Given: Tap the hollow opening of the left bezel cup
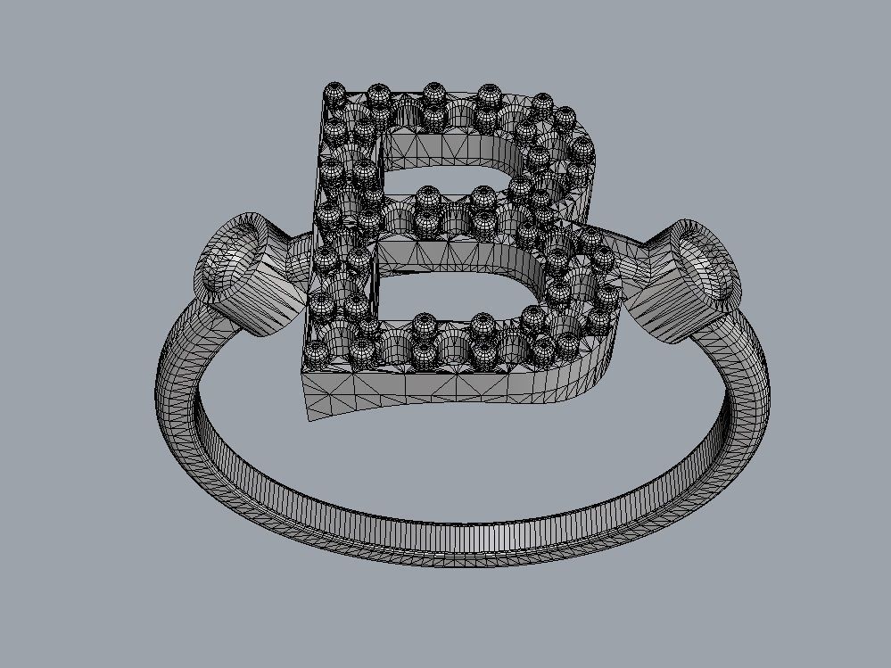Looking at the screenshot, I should tap(230, 254).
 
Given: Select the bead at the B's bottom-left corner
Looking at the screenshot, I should tap(318, 354).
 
